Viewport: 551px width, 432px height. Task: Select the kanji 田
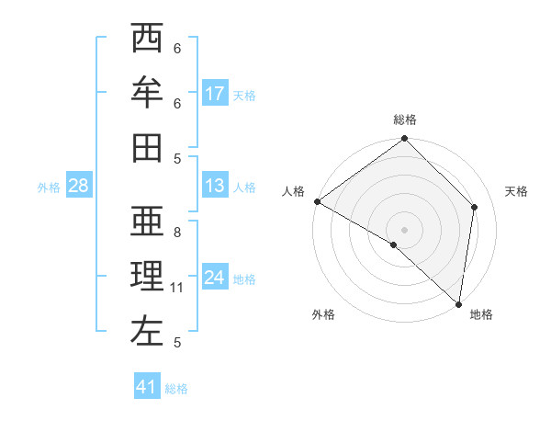click(147, 147)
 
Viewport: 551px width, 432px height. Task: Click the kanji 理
click(147, 276)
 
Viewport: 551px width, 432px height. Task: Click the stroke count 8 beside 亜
click(177, 233)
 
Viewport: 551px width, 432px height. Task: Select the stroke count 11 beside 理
click(177, 288)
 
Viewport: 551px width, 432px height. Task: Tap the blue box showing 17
click(215, 94)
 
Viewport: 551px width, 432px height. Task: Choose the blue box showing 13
click(215, 186)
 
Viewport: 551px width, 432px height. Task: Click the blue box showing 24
click(215, 278)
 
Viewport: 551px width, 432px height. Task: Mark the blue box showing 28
click(78, 186)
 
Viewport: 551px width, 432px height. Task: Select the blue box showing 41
click(147, 387)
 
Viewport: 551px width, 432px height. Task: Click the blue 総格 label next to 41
click(176, 389)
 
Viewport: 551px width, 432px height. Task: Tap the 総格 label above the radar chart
click(405, 119)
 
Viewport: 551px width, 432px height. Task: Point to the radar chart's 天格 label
click(516, 191)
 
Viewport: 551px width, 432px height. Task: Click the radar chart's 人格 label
click(294, 191)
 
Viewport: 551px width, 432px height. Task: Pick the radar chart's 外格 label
click(323, 314)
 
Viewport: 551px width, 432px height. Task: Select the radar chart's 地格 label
click(481, 314)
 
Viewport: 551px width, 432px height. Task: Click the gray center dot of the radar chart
click(405, 229)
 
